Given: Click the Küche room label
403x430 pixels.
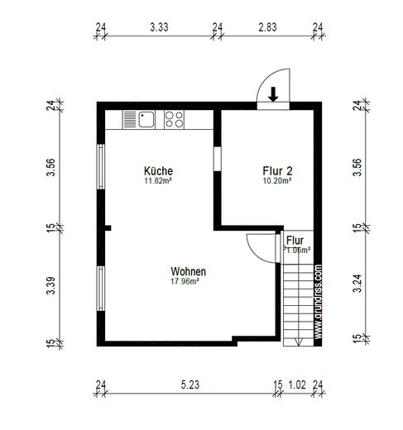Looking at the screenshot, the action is click(x=158, y=171).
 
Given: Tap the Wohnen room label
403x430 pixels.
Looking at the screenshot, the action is click(x=189, y=271).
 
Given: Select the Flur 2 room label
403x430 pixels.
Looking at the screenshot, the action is click(x=277, y=171).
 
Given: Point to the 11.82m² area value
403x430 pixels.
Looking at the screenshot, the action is click(x=158, y=181).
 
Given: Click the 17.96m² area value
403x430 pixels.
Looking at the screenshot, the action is click(x=185, y=281).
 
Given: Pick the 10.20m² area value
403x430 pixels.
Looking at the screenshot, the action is click(x=277, y=181).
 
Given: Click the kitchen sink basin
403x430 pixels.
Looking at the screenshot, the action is click(x=146, y=120).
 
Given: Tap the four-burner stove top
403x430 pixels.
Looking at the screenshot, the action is click(x=174, y=120).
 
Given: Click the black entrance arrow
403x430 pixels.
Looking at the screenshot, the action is click(x=273, y=94).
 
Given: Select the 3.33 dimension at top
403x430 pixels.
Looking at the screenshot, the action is click(x=159, y=27).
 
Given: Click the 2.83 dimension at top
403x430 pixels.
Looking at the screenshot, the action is click(x=267, y=27).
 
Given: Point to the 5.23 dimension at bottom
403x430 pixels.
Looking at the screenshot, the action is click(x=190, y=385).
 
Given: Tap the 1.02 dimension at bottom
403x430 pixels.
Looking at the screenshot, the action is click(x=297, y=385).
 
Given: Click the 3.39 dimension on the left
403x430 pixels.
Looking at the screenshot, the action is click(x=51, y=285).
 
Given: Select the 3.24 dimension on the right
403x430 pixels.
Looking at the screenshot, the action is click(x=357, y=283).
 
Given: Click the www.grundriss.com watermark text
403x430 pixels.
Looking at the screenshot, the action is click(x=318, y=302).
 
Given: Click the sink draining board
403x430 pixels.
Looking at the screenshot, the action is click(x=130, y=120).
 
